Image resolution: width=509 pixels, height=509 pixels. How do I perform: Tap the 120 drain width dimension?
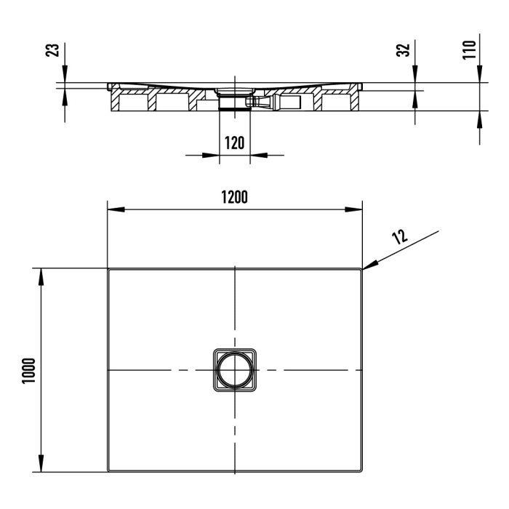[234, 143]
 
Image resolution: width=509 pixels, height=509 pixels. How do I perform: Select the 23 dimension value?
[52, 51]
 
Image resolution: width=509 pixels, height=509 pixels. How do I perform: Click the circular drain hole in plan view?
[234, 371]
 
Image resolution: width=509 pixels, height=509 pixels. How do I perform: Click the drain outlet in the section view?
[234, 101]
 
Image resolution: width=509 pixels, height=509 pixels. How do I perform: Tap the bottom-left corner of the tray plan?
[109, 470]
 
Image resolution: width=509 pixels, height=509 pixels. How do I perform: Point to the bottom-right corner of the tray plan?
[361, 470]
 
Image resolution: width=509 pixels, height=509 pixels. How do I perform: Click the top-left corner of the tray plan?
[109, 269]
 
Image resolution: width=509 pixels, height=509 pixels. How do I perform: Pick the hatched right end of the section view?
[355, 98]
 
